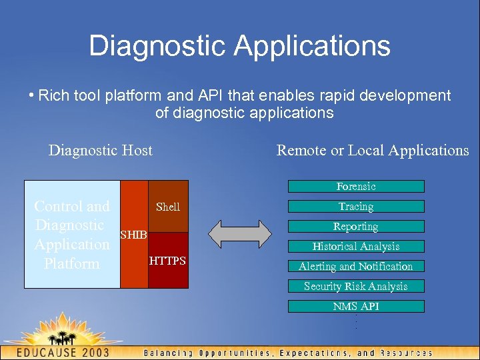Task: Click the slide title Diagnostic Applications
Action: tap(239, 46)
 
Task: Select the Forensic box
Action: tap(356, 187)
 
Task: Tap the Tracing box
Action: tap(356, 207)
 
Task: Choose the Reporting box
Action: tap(356, 227)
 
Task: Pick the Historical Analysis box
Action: tap(356, 247)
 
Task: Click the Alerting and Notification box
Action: tap(356, 267)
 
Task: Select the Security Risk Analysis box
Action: tap(356, 287)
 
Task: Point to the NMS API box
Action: tap(356, 307)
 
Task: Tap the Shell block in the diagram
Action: tap(168, 207)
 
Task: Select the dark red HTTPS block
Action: tap(168, 261)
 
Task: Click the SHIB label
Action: tap(133, 235)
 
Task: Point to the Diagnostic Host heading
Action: tap(101, 151)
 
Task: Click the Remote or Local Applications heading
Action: tap(373, 151)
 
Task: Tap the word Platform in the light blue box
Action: tap(71, 264)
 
